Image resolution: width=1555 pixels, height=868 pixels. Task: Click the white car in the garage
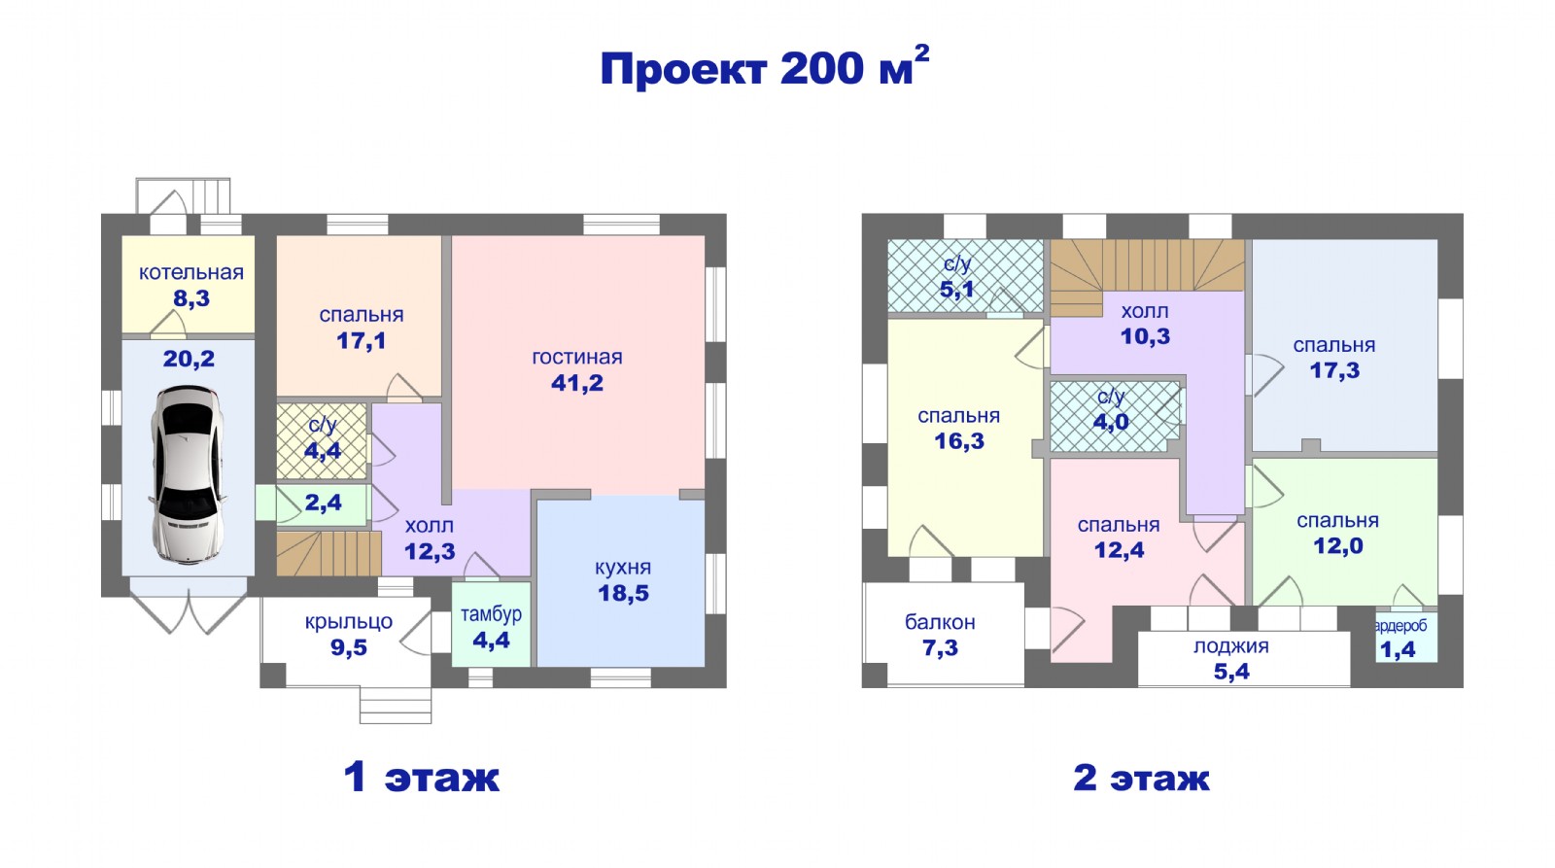188,473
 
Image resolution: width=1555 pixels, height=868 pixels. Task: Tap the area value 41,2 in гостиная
577,383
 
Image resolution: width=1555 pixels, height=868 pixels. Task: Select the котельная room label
190,272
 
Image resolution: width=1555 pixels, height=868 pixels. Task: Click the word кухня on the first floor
623,568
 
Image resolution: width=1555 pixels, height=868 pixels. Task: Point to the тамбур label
491,614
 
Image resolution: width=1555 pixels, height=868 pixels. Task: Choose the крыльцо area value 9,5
349,647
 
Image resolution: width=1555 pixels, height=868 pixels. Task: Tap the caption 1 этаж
422,777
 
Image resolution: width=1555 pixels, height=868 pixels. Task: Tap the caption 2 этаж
1141,777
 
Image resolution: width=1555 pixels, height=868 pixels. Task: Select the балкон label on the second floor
940,622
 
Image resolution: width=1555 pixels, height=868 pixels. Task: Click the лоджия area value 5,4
1231,672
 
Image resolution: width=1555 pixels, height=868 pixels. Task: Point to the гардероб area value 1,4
1399,649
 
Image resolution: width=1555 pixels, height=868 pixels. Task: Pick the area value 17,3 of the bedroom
1334,370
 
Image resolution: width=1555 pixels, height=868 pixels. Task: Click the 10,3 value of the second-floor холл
1145,336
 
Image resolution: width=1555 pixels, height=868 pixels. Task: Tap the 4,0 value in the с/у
1111,422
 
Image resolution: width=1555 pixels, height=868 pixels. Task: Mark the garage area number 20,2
189,359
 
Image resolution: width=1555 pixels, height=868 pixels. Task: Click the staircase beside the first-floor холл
328,553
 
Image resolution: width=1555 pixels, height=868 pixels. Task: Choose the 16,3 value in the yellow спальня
958,441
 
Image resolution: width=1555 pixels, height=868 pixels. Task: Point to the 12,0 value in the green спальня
1337,546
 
